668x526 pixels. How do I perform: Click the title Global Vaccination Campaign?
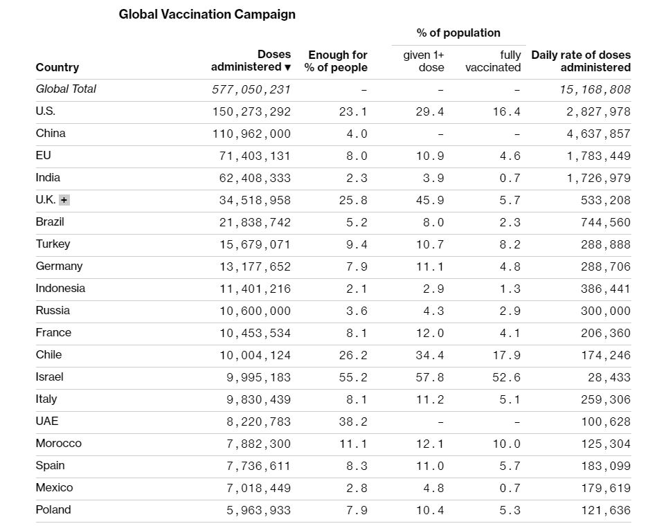207,14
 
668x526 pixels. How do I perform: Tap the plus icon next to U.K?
64,200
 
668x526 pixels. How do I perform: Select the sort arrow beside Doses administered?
287,67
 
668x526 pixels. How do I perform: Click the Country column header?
57,67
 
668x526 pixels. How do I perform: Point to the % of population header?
458,33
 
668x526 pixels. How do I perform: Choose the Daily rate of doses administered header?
581,61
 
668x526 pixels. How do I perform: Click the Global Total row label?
66,89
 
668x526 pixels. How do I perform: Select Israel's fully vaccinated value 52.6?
507,377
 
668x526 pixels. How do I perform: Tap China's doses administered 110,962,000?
252,134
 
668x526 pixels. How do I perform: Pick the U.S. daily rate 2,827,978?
599,111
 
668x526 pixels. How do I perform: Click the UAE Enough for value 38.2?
353,421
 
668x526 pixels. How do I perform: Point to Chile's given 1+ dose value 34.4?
430,355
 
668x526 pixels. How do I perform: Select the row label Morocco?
59,444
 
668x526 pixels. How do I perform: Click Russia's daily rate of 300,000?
606,311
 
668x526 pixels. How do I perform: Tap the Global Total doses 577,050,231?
251,89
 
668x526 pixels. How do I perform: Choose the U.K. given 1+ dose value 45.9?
430,200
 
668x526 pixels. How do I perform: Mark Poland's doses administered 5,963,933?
259,510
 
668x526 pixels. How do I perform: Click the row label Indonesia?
60,289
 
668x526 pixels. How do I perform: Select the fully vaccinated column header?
494,61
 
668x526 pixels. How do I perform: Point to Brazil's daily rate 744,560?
606,222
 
